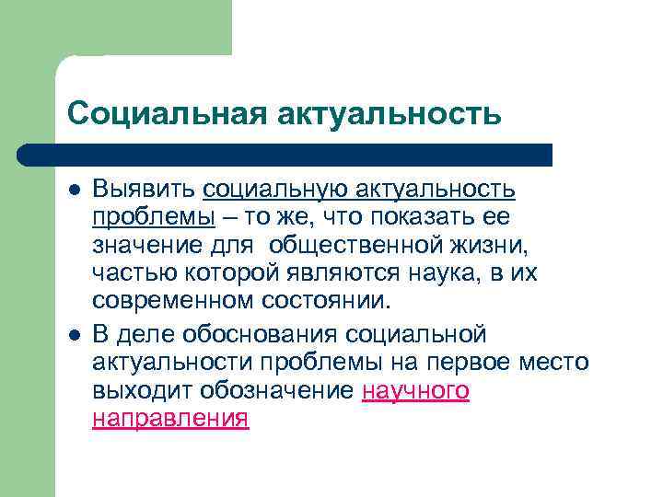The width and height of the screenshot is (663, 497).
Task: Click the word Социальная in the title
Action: (x=161, y=113)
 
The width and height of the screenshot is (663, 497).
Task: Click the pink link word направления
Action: (x=170, y=418)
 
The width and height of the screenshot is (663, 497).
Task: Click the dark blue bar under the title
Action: (x=285, y=154)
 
